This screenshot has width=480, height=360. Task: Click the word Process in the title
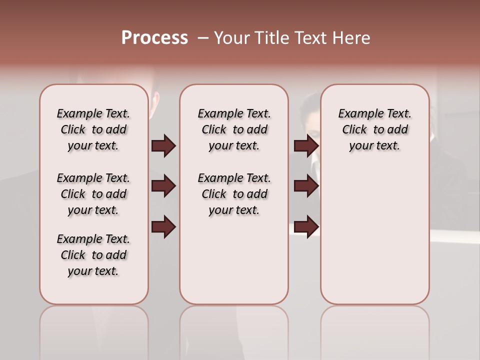pos(154,38)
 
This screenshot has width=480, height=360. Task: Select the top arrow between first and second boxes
pos(163,146)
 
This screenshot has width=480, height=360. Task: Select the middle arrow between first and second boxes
pos(163,186)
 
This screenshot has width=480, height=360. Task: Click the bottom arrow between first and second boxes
pos(163,227)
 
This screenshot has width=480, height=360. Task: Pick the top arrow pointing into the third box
pos(306,146)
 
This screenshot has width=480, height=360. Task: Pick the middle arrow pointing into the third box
pos(306,186)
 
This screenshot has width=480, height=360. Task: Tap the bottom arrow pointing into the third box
pos(306,227)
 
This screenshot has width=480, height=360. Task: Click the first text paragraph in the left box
pos(93,129)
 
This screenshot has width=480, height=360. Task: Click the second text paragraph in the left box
pos(93,194)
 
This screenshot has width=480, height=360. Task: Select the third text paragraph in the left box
pos(93,255)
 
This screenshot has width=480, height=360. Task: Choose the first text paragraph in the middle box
pos(234,129)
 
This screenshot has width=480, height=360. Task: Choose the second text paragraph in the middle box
pos(234,194)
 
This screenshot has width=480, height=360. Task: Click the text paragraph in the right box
pos(374,129)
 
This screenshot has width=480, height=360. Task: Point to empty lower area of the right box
pos(374,240)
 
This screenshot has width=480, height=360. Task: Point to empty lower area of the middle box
pos(234,260)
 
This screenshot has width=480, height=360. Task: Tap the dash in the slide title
pos(203,38)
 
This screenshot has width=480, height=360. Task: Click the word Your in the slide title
pos(230,38)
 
